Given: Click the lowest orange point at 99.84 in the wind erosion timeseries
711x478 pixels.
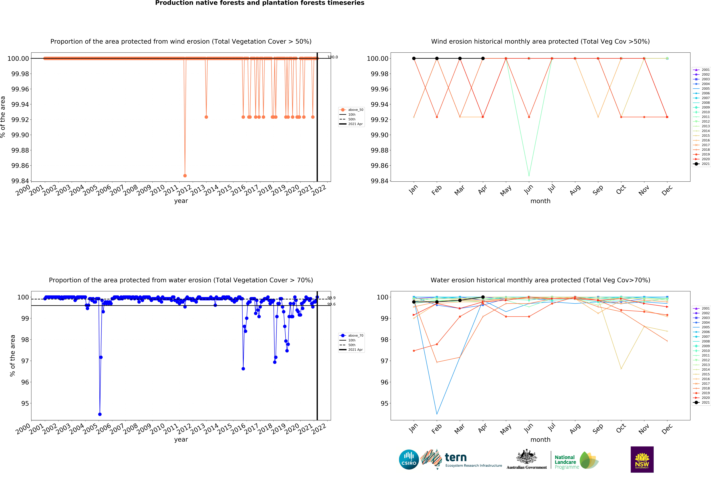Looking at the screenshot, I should tap(185, 176).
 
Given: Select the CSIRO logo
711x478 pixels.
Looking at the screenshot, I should tap(409, 459).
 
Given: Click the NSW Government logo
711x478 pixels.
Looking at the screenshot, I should tap(642, 459).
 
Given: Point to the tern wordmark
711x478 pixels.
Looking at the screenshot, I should tap(456, 457).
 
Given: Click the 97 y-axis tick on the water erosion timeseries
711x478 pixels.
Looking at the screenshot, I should tap(25, 361).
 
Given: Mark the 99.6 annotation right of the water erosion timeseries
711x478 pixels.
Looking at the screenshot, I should tap(332, 304).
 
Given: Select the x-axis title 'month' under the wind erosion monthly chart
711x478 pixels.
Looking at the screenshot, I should tap(540, 201).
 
